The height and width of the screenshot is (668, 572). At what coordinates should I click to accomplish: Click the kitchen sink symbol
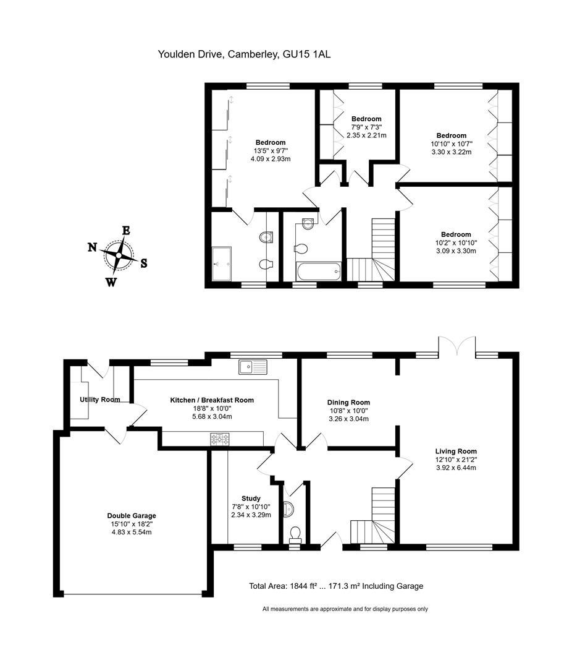[x=253, y=367]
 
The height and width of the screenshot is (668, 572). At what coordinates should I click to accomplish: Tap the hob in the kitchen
[x=220, y=439]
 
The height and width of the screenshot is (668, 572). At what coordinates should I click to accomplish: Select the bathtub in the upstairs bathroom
[x=318, y=272]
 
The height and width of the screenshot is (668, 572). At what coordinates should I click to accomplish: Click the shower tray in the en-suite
[x=221, y=263]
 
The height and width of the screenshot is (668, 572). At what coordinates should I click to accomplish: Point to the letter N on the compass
[x=93, y=247]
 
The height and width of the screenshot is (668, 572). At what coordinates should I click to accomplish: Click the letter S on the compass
[x=144, y=263]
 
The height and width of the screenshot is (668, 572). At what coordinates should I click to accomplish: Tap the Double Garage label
[x=132, y=515]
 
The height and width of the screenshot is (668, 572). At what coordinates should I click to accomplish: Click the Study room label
[x=251, y=499]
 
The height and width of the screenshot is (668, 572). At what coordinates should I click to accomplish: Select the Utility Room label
[x=100, y=400]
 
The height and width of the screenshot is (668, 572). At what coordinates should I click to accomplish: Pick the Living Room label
[x=456, y=451]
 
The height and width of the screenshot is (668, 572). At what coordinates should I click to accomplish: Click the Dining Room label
[x=348, y=402]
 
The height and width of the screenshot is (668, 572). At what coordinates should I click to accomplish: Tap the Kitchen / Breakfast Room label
[x=212, y=400]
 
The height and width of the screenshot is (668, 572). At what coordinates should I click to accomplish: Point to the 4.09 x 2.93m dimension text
[x=271, y=159]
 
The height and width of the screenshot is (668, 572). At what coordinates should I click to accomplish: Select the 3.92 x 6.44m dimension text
[x=456, y=468]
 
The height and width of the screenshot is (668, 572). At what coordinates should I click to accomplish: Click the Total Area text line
[x=336, y=586]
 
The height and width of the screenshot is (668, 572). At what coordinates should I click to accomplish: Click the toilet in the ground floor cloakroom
[x=295, y=535]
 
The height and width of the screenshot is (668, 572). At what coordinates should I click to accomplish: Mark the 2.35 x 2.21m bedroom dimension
[x=366, y=135]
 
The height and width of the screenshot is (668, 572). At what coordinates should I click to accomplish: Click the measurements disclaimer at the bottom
[x=345, y=609]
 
